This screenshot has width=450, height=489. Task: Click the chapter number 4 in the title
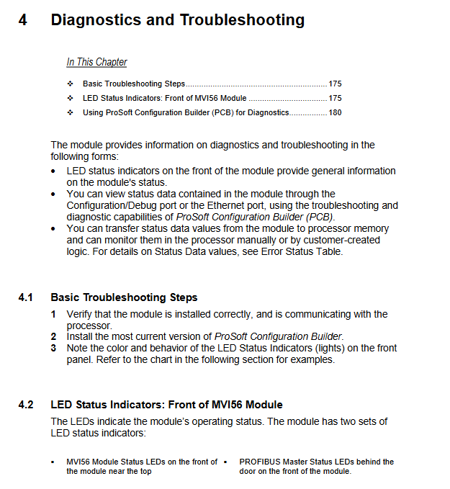[x=23, y=19]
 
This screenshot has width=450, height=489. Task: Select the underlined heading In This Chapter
[x=96, y=62]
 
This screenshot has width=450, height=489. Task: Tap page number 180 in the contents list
[x=335, y=112]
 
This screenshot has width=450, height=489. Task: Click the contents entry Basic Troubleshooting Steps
[x=134, y=84]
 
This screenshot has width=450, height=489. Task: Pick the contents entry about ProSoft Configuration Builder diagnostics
[x=186, y=112]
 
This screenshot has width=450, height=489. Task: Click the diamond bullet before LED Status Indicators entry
[x=70, y=98]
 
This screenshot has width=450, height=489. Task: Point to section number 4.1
[x=26, y=297]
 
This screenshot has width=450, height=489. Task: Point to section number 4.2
[x=26, y=405]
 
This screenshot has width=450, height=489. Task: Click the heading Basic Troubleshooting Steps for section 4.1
[x=124, y=297]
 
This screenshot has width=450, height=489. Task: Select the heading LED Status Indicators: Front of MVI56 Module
[x=166, y=405]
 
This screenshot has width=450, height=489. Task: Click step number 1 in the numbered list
[x=53, y=314]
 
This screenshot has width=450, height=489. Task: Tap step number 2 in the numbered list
[x=53, y=336]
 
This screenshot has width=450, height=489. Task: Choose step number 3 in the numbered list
[x=53, y=348]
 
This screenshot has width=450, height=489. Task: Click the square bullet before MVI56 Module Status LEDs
[x=53, y=462]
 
